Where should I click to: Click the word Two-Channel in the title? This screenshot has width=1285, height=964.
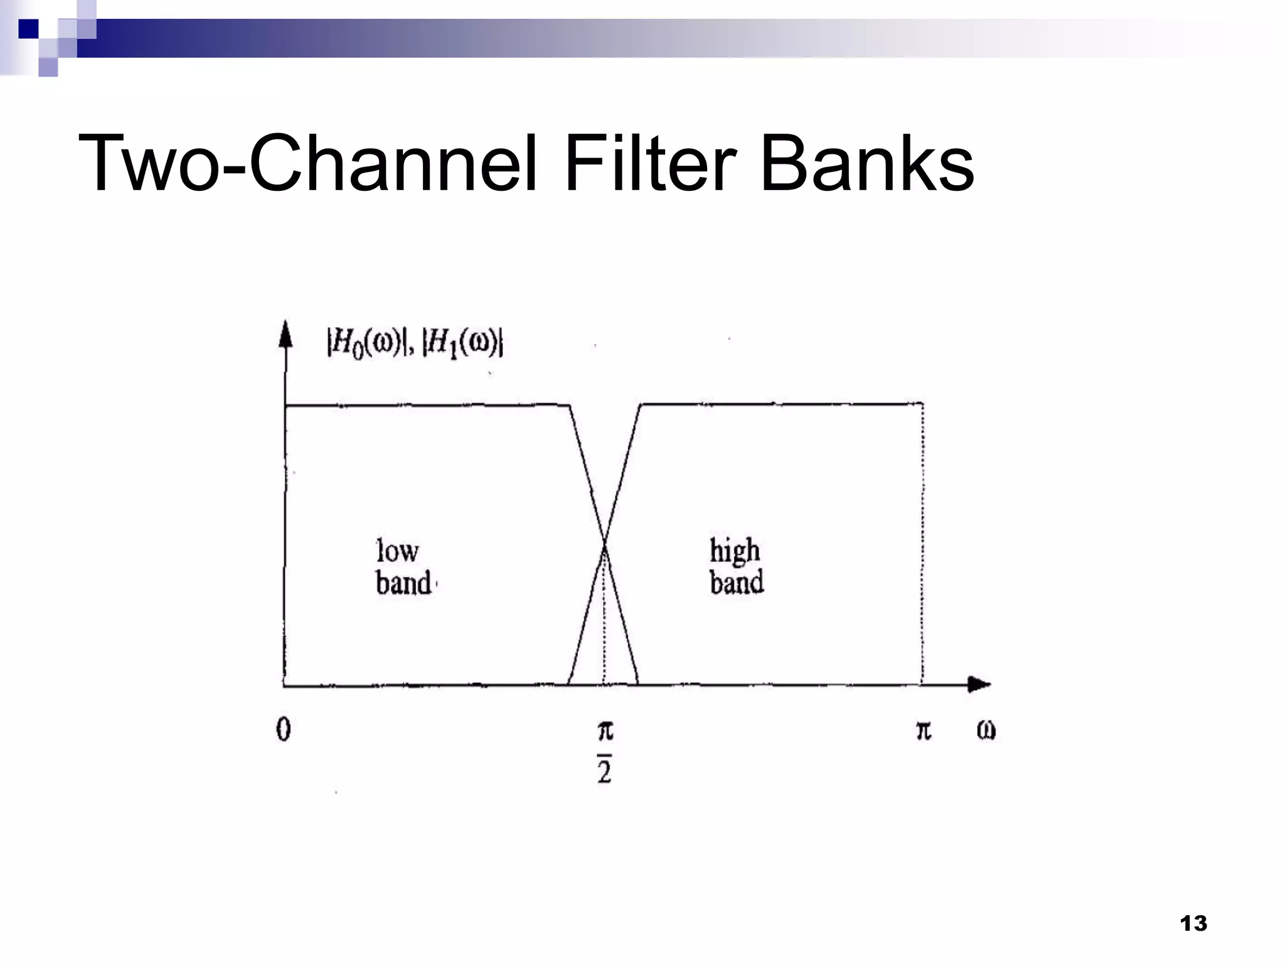coord(307,164)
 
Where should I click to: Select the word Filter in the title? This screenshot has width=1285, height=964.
coord(649,164)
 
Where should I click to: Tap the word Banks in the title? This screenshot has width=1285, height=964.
coord(866,164)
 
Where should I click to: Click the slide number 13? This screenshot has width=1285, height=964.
coord(1193,923)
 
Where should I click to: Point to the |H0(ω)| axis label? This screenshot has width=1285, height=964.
coord(365,343)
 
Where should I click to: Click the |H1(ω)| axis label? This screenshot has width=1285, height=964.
coord(463,343)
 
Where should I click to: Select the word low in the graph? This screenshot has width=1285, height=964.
coord(397,551)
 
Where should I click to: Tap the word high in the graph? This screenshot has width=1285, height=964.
coord(734,551)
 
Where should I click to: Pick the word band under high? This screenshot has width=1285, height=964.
coord(737,582)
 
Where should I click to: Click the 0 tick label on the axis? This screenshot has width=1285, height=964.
coord(284,729)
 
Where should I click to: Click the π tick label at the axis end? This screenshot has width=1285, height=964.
coord(923,730)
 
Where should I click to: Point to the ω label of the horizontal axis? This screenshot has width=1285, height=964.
coord(986,730)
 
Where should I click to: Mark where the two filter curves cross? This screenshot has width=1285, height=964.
coord(604,545)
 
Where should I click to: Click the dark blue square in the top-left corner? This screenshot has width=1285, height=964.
coord(28,29)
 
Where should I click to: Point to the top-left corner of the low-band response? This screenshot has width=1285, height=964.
coord(286,406)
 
